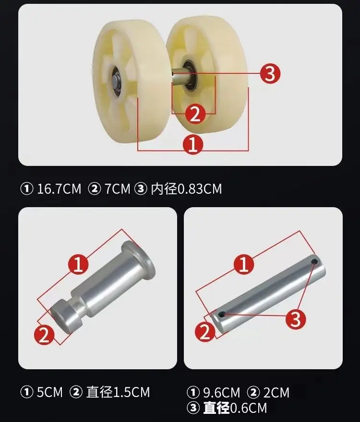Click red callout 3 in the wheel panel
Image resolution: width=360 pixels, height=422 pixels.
270,73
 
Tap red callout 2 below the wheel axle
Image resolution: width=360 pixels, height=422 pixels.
195,114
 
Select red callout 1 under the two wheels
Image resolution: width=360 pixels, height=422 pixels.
193,144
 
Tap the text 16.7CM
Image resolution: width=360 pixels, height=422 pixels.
59,188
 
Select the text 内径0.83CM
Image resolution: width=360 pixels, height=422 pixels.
186,188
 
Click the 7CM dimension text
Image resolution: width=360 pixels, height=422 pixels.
118,188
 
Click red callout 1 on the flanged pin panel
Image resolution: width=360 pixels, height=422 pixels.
78,264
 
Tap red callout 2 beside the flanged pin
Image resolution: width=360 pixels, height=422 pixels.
44,335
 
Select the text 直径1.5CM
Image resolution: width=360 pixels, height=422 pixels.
118,392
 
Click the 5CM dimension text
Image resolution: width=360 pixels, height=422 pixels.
49,392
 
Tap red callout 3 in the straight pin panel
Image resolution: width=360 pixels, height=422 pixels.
296,319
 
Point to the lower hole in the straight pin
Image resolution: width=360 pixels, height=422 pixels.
222,314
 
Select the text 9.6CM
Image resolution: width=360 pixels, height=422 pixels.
221,392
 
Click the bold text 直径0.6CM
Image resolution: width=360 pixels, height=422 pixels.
235,408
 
